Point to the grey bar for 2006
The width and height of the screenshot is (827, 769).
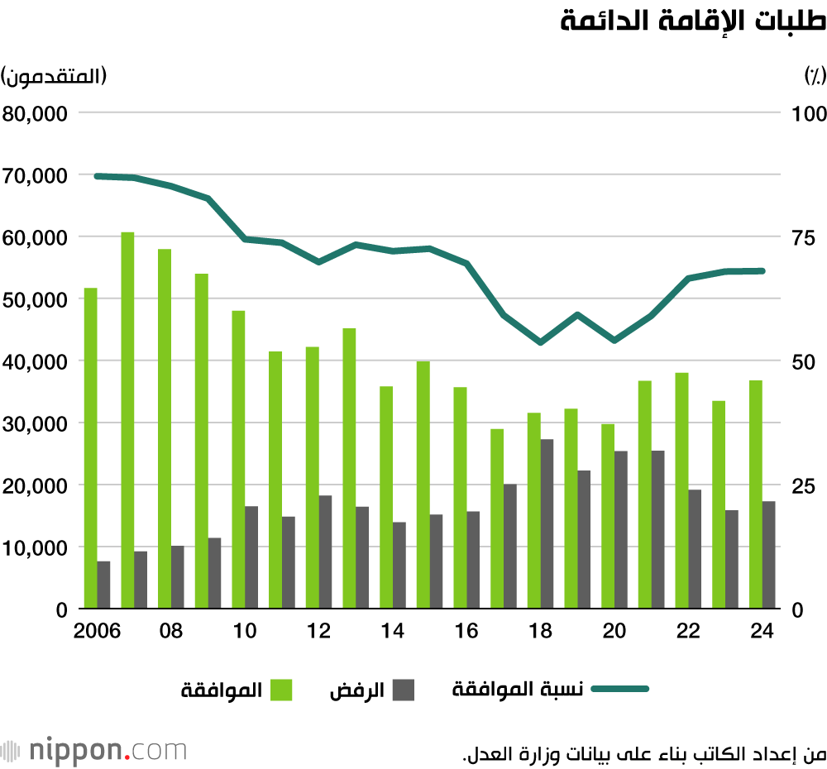(x=103, y=585)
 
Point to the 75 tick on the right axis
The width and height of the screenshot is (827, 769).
(x=804, y=238)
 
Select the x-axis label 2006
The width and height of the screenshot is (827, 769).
(x=98, y=631)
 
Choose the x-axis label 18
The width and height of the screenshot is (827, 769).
(x=540, y=631)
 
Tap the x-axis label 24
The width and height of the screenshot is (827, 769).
(x=762, y=631)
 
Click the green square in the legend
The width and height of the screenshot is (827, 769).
(x=282, y=690)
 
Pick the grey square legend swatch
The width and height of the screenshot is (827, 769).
(x=403, y=690)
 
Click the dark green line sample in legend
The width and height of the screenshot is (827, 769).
(x=620, y=690)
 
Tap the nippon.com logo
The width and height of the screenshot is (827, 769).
(x=95, y=751)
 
